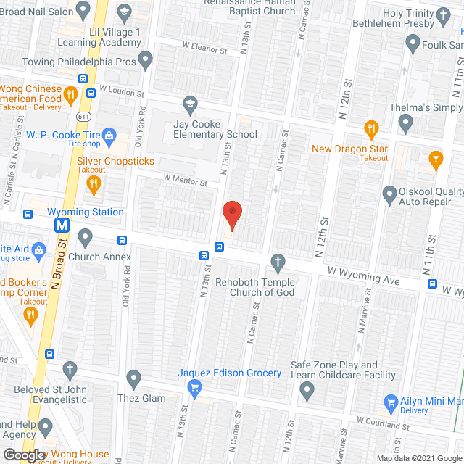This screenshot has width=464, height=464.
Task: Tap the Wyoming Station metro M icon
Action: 63,226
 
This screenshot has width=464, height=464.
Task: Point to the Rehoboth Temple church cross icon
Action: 276,261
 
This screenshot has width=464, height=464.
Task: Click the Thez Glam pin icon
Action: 133,378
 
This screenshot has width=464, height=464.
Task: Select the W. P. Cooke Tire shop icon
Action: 109,134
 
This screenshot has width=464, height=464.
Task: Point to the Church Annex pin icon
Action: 86,236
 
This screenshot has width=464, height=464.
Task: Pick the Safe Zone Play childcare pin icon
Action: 307,392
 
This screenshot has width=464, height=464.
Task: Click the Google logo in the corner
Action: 23,455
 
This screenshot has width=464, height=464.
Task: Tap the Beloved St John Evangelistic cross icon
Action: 70,370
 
